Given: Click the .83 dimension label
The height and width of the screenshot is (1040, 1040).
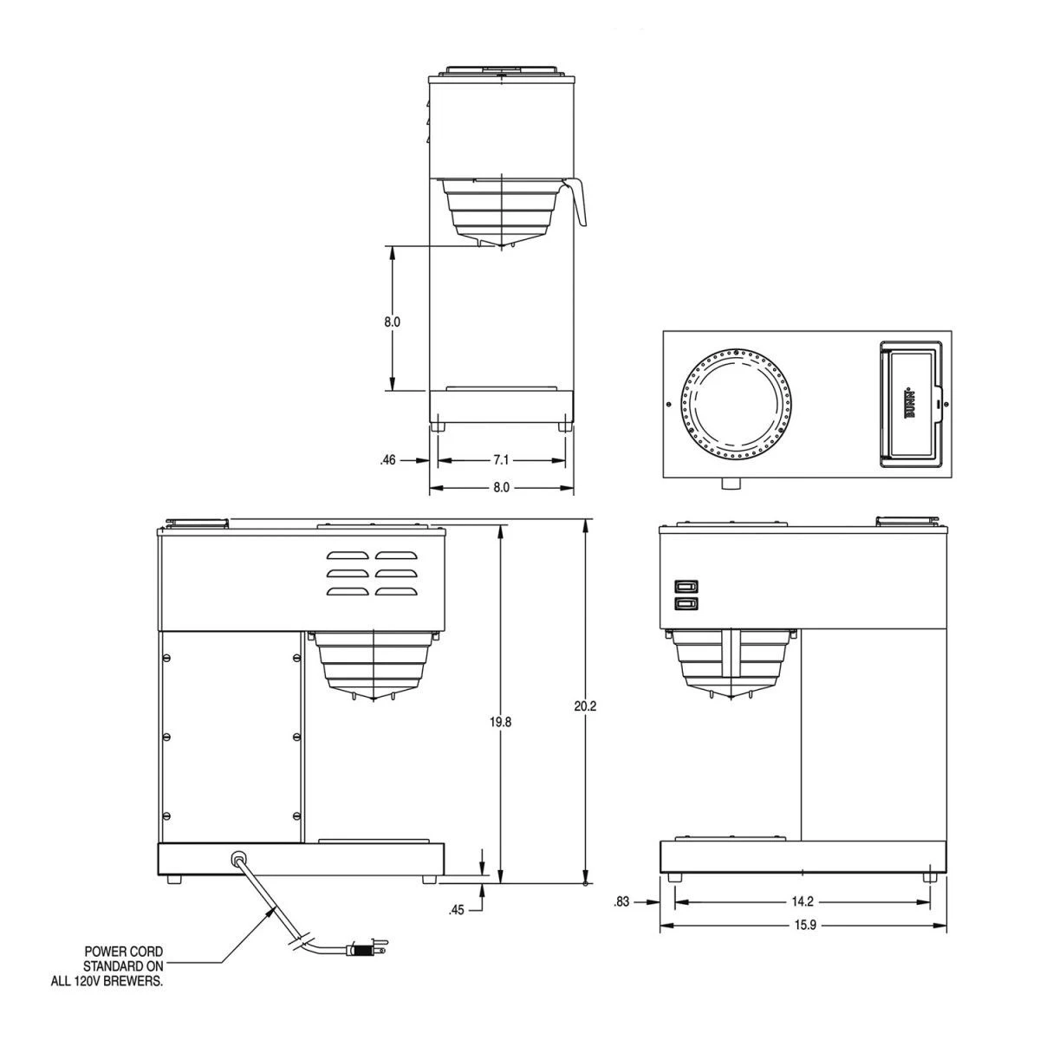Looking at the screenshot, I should coord(621,901).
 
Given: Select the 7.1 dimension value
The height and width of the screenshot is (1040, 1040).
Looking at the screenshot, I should coord(501,460).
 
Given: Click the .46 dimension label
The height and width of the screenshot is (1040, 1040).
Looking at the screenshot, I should coord(387,460).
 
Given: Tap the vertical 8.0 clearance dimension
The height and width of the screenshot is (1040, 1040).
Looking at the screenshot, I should coord(392,322).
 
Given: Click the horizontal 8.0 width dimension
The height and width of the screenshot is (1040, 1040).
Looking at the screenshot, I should coord(501,488).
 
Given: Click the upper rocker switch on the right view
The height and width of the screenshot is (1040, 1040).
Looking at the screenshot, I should coord(686,586).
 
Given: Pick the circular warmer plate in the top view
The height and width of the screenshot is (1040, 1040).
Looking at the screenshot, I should coord(735,404).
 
